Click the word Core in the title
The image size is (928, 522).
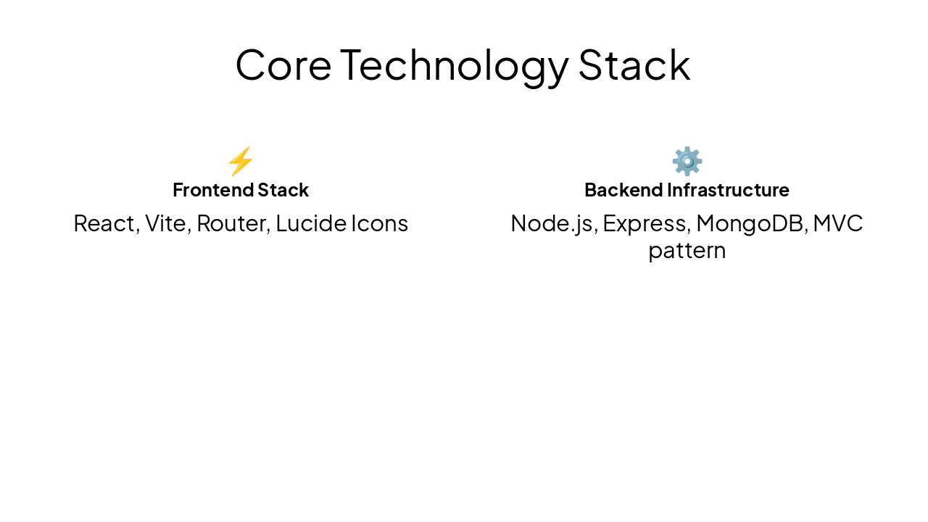(x=283, y=65)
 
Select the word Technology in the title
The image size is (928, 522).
(x=455, y=65)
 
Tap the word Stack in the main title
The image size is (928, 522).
(x=634, y=65)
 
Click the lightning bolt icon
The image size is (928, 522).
(x=241, y=161)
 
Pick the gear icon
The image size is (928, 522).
(x=687, y=161)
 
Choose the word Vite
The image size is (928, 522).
(x=165, y=223)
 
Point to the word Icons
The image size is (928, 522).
(x=380, y=223)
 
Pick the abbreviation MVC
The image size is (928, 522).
(x=838, y=223)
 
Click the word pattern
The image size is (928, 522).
(x=687, y=251)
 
